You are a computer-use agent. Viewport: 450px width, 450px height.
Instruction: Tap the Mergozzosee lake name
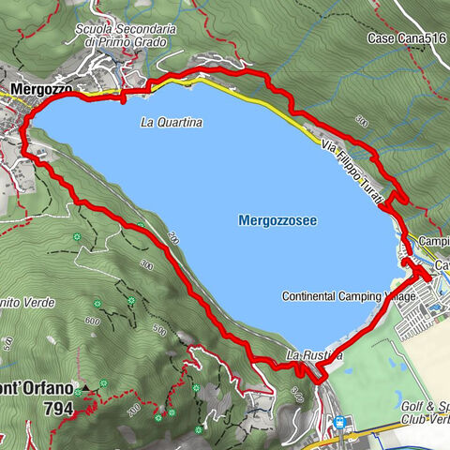click(277, 220)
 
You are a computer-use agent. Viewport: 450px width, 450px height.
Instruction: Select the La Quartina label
click(172, 122)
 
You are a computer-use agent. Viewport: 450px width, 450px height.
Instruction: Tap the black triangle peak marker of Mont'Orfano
click(85, 386)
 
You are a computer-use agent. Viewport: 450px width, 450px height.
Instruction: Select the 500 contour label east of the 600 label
click(159, 330)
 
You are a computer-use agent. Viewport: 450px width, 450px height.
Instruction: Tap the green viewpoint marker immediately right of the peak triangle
click(103, 384)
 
